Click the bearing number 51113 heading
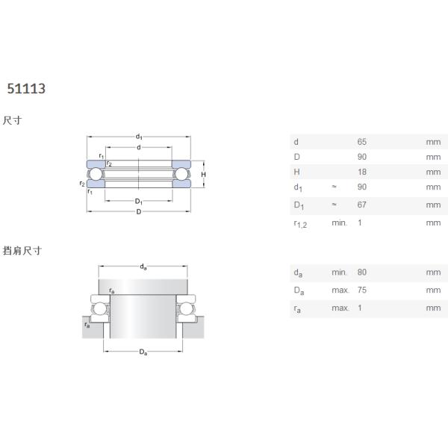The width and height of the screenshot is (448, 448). click(x=26, y=89)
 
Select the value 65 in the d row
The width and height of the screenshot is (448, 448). click(x=361, y=142)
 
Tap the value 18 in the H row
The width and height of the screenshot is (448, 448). click(x=362, y=172)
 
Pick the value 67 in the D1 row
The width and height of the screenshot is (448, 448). click(x=361, y=205)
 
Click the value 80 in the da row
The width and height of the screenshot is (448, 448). click(x=361, y=272)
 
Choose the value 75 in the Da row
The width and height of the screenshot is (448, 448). click(x=361, y=290)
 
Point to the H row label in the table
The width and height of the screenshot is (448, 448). click(x=297, y=172)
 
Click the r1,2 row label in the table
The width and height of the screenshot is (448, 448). click(x=300, y=224)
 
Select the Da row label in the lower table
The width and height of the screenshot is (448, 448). click(x=299, y=291)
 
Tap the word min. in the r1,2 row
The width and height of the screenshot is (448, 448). click(x=339, y=223)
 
